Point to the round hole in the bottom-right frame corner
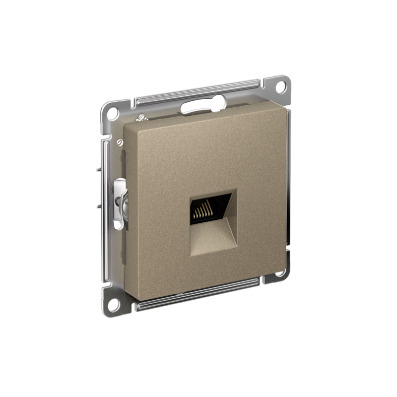click(279, 272)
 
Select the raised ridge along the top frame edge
click(198, 91)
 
